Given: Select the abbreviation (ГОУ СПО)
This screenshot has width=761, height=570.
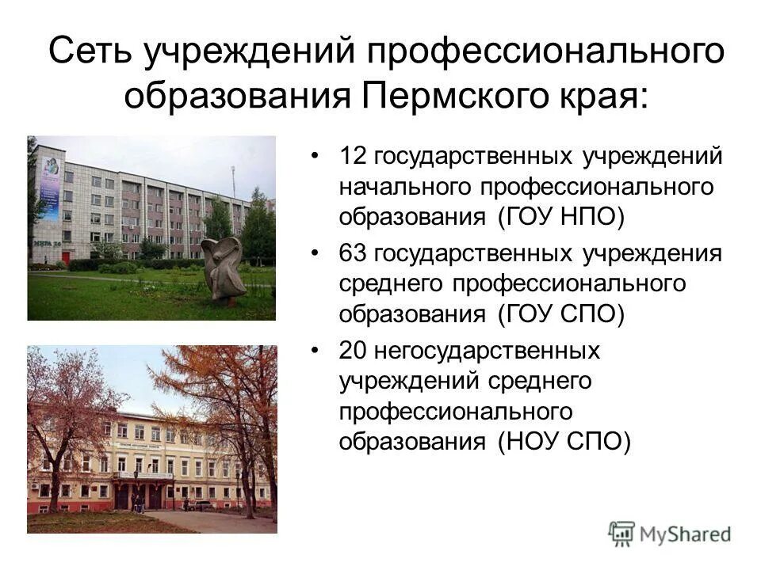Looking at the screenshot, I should click(562, 314).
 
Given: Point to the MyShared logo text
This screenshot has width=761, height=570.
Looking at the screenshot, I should click(685, 534).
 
